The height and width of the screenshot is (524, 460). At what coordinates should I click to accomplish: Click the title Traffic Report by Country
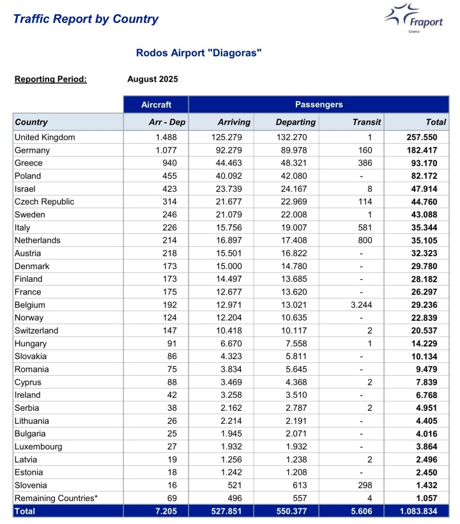tap(86, 19)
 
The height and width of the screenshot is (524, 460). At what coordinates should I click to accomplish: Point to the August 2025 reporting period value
tap(153, 79)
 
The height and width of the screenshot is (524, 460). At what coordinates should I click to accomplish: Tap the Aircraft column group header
tap(156, 104)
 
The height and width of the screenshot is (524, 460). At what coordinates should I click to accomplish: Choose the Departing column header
tap(295, 122)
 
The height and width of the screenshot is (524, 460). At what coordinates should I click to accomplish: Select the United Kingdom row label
tap(45, 137)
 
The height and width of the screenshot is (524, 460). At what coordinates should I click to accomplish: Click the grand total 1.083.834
tap(420, 511)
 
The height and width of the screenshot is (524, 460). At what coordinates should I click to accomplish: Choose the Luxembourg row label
tap(38, 447)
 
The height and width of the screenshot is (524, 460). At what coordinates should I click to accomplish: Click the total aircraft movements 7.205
tap(172, 511)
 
